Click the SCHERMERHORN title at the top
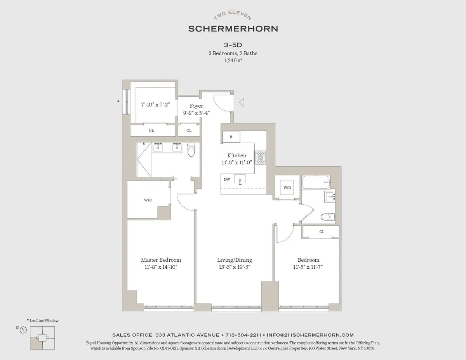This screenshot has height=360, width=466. point(233,29)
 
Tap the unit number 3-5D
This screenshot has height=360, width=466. point(233,45)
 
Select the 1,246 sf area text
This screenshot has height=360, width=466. point(233,60)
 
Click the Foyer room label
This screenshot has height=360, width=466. point(196,106)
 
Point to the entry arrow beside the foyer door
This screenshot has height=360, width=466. point(241,103)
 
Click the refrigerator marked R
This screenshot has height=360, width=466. point(231,137)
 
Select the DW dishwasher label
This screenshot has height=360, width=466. point(227,179)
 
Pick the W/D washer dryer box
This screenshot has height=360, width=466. point(287,188)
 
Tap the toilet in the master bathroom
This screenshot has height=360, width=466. point(191,150)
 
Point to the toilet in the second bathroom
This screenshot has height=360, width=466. point(327,216)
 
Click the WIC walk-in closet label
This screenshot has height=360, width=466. point(148,200)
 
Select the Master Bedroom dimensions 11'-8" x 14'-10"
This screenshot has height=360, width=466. point(161,267)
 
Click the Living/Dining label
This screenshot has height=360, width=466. point(234,260)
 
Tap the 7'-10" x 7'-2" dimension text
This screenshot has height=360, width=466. point(155,104)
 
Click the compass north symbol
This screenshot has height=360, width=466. point(23,330)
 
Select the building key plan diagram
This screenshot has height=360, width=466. point(42,337)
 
